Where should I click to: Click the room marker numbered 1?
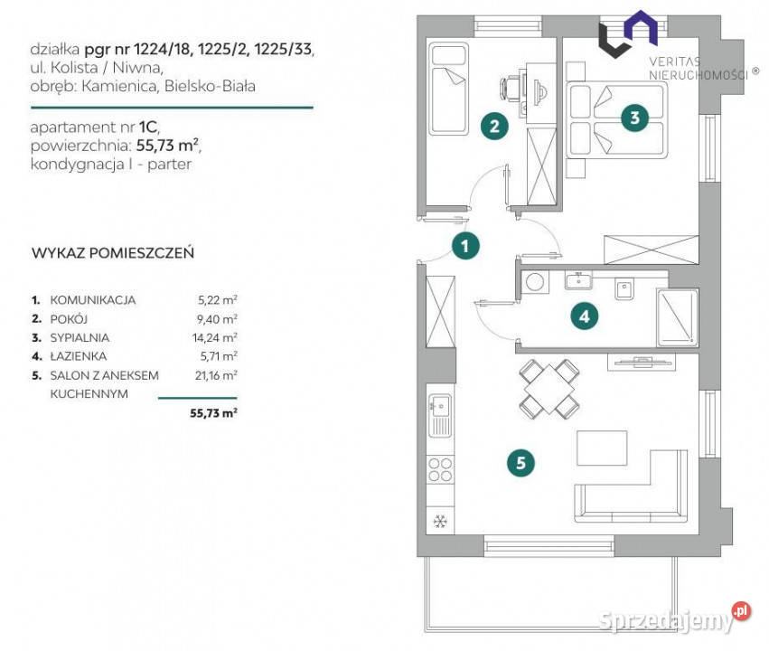(464, 244)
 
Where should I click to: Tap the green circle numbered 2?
(493, 126)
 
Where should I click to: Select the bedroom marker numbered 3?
(635, 117)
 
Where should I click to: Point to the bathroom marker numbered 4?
(585, 316)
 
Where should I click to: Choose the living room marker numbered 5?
(520, 463)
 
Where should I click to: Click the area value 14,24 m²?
(219, 337)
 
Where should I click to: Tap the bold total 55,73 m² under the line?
(213, 412)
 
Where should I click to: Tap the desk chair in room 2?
(511, 89)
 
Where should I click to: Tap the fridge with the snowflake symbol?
(440, 522)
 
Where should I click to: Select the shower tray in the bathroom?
(676, 316)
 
